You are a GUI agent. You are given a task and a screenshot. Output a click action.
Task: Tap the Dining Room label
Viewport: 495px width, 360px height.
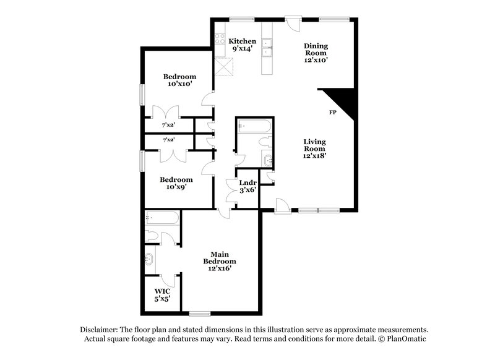(315, 53)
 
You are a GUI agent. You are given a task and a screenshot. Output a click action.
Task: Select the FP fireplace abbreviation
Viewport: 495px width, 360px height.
(332, 113)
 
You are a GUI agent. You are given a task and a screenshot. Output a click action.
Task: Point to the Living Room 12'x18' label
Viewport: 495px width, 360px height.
(315, 148)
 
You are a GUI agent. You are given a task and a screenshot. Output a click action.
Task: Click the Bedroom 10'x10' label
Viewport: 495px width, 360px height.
(179, 80)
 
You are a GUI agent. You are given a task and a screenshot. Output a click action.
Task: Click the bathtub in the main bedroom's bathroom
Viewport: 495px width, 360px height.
(162, 218)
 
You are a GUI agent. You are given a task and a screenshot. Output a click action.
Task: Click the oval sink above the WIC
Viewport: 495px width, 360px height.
(150, 259)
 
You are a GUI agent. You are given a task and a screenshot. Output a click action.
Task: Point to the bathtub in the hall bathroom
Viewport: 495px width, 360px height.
(254, 127)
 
